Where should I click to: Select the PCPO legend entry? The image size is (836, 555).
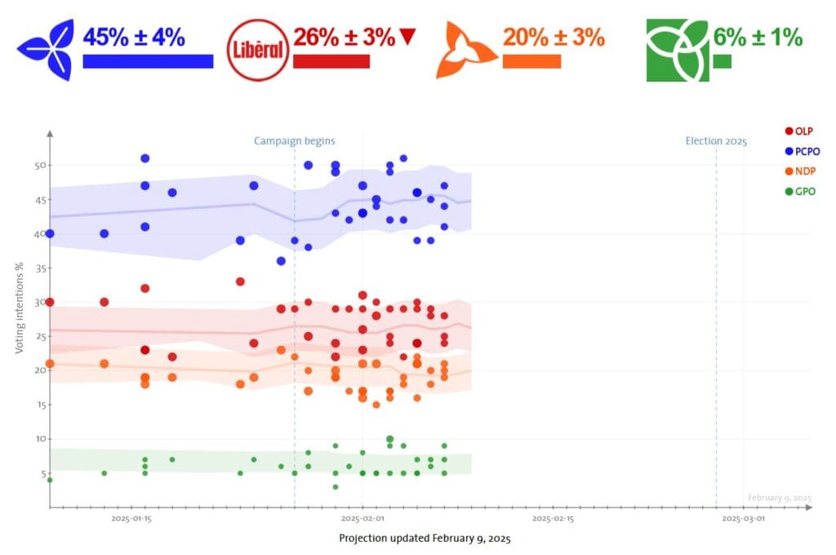click(802, 151)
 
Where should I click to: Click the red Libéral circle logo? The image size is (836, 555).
click(258, 51)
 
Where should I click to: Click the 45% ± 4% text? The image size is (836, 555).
click(134, 37)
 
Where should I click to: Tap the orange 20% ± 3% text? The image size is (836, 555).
click(553, 37)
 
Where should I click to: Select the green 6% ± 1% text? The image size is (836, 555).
click(758, 37)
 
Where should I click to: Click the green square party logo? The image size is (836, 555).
click(677, 51)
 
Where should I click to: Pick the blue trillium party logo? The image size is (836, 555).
click(45, 51)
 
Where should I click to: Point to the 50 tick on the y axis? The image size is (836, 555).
click(37, 166)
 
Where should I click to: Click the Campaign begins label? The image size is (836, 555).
click(294, 141)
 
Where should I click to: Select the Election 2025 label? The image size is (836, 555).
click(716, 141)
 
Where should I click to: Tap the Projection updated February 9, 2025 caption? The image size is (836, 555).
click(425, 539)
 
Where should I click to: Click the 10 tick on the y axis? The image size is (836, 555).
click(37, 439)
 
